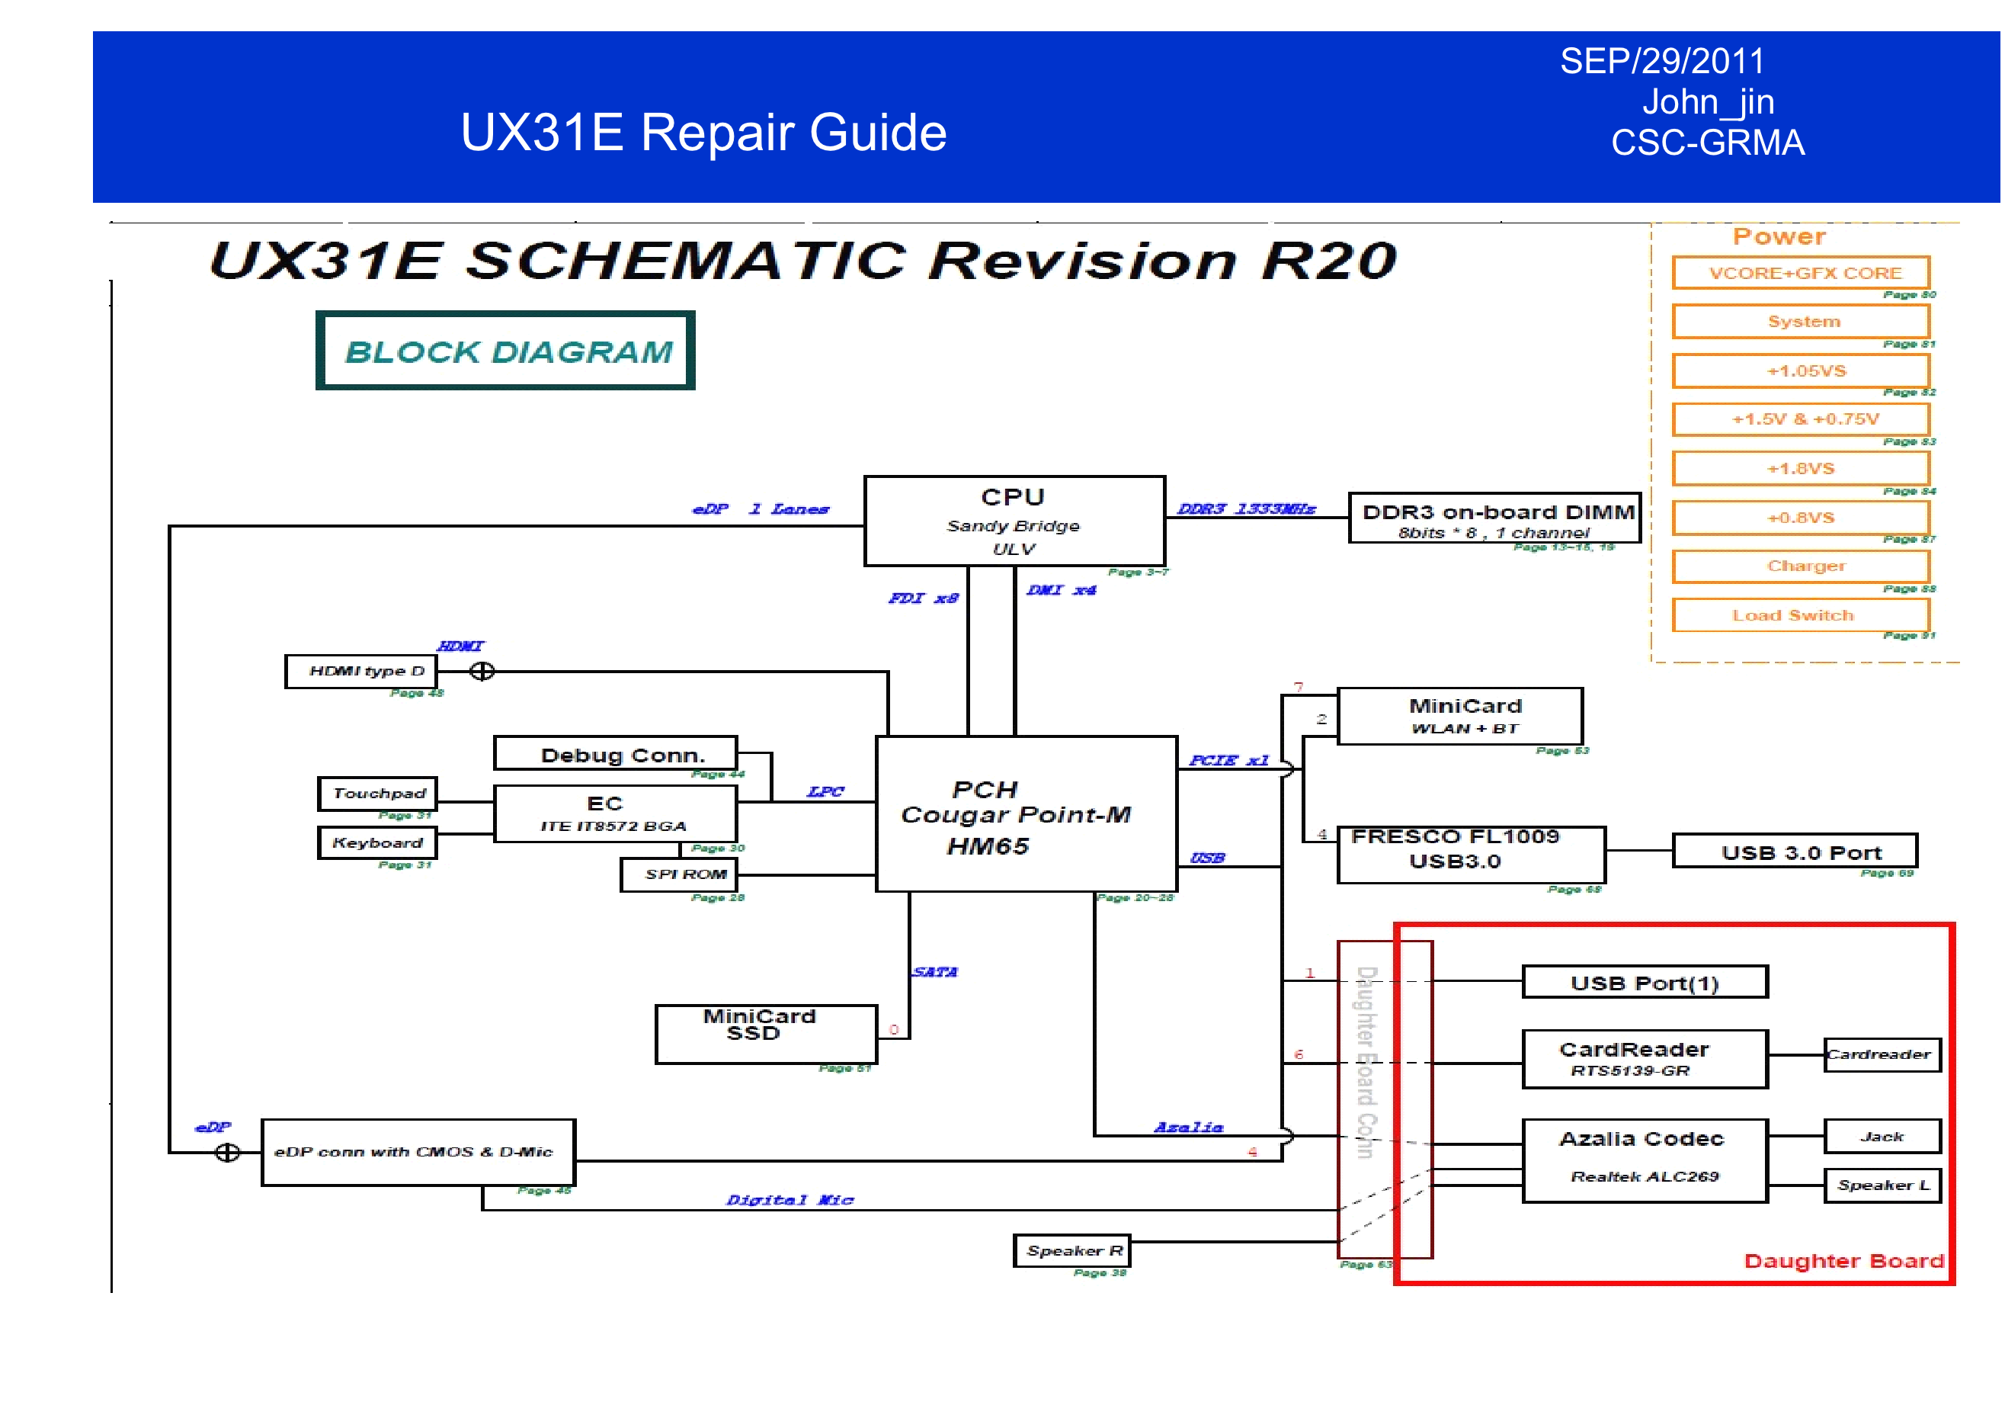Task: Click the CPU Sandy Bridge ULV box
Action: pos(1014,521)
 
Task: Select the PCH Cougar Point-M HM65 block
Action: pos(1026,813)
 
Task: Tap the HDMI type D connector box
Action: pos(361,671)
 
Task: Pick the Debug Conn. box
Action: pos(616,753)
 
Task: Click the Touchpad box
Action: pos(377,794)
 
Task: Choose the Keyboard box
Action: pos(377,843)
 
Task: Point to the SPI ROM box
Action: pos(678,874)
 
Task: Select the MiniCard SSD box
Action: pos(766,1034)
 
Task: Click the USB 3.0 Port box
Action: pos(1795,851)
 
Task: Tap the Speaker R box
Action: pos(1071,1250)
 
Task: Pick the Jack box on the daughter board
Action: pos(1882,1136)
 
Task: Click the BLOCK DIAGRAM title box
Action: pos(505,351)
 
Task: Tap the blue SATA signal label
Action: pos(935,971)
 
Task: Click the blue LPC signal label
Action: pos(825,791)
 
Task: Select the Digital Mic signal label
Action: pos(790,1199)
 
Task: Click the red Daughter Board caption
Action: pos(1843,1261)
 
